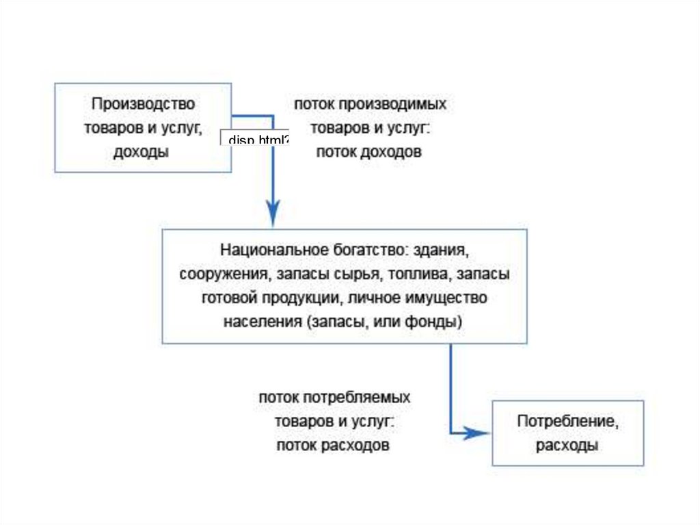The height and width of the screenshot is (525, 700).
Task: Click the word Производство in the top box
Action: (144, 104)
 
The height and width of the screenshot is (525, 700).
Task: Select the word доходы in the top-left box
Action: (142, 153)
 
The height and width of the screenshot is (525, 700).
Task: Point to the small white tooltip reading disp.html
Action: (255, 138)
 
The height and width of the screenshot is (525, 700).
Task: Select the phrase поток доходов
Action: (369, 153)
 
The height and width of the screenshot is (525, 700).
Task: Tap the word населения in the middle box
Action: (262, 322)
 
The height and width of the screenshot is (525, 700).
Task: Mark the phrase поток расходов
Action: (334, 446)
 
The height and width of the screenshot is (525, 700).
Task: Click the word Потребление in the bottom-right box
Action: (567, 422)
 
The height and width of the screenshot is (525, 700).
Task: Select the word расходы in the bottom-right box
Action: (567, 446)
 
